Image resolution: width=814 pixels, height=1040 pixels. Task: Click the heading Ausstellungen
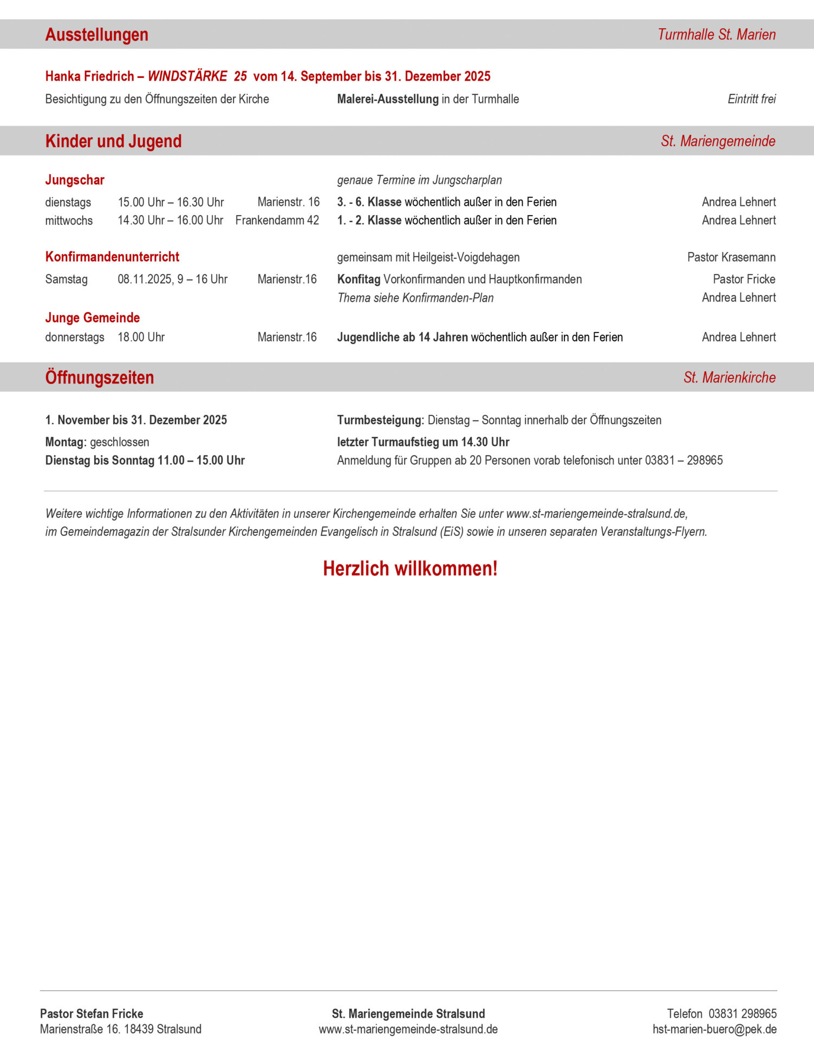click(96, 35)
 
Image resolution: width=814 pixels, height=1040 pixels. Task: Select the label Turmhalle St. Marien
click(717, 35)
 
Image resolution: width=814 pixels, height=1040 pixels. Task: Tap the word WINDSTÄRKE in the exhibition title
click(187, 76)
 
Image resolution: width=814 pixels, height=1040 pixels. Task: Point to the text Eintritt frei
click(751, 99)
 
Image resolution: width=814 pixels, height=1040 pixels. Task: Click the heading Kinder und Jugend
click(113, 141)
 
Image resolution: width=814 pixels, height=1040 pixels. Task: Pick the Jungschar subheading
click(75, 180)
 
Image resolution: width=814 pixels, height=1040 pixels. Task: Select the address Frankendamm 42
click(277, 220)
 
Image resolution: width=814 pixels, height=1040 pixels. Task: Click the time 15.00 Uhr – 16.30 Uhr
click(171, 203)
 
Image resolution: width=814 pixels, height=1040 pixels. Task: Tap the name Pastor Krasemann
click(731, 257)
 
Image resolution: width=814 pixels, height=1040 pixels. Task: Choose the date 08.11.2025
click(145, 279)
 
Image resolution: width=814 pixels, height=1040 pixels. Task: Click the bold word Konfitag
click(359, 279)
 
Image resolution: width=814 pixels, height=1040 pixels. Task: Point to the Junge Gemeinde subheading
click(93, 318)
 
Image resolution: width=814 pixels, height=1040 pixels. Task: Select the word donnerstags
click(75, 337)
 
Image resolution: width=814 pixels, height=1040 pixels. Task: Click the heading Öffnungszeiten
click(100, 378)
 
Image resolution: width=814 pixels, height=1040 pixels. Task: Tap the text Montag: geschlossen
click(97, 442)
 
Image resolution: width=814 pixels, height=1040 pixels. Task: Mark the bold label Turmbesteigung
click(380, 420)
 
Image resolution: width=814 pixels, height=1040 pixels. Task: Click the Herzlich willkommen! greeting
click(410, 569)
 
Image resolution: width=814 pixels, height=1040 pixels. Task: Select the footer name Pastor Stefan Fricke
click(92, 1013)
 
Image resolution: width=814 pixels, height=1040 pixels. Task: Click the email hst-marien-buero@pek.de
click(714, 1029)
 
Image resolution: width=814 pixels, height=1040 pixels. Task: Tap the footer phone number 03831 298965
click(743, 1013)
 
